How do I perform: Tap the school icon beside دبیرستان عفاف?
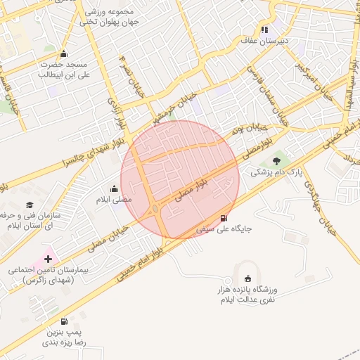pyautogui.click(x=264, y=30)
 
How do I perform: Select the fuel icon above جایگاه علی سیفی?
pyautogui.click(x=224, y=218)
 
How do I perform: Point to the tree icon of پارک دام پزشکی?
pyautogui.click(x=276, y=161)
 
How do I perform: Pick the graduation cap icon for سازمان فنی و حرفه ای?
pyautogui.click(x=30, y=205)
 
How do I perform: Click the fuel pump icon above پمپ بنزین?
pyautogui.click(x=65, y=321)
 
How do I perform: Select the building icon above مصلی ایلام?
pyautogui.click(x=114, y=188)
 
